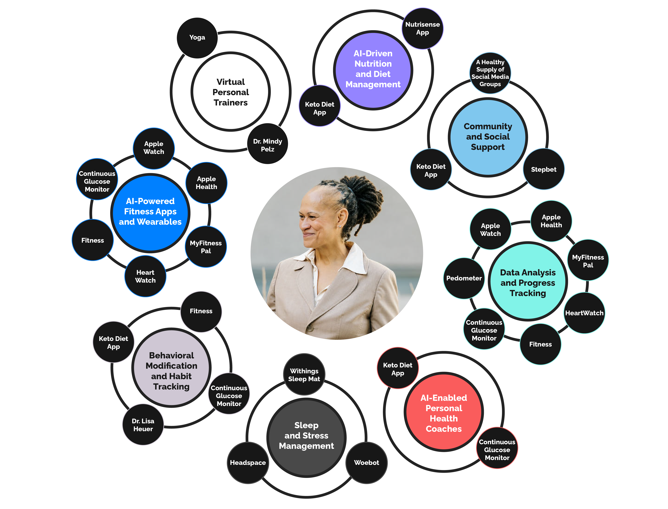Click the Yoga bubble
197,38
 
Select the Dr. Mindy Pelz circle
268,144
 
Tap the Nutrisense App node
423,29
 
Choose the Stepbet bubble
544,169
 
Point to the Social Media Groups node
490,73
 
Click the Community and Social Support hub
488,137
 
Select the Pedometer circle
464,278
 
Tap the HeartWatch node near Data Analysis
584,313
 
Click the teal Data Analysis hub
528,281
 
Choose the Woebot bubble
367,463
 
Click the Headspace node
248,463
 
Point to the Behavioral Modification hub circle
172,368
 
